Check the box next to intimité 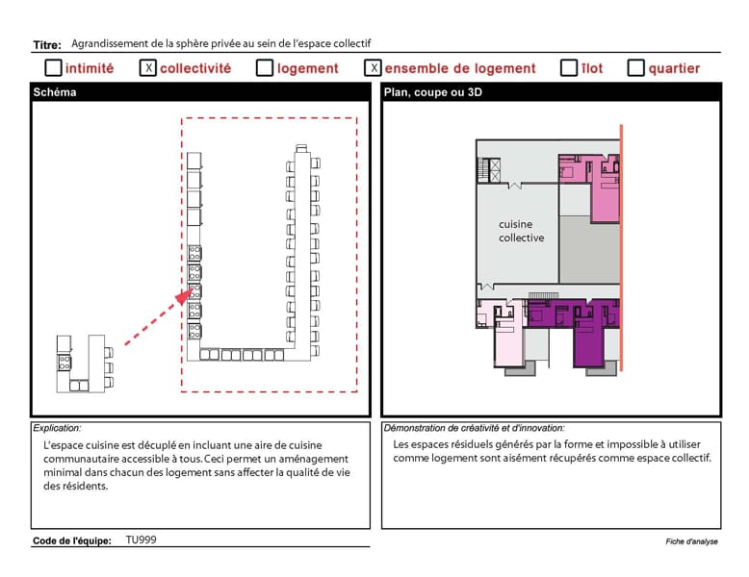53,67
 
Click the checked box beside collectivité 148,67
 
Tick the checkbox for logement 265,67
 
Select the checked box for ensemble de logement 374,67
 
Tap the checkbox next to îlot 568,67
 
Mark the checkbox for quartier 635,67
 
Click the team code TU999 141,539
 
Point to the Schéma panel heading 55,92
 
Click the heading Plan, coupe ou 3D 433,92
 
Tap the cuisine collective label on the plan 521,231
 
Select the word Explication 57,428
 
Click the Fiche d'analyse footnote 691,541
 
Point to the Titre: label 47,45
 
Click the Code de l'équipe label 71,540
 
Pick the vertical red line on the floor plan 621,248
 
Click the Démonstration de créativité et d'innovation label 474,428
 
